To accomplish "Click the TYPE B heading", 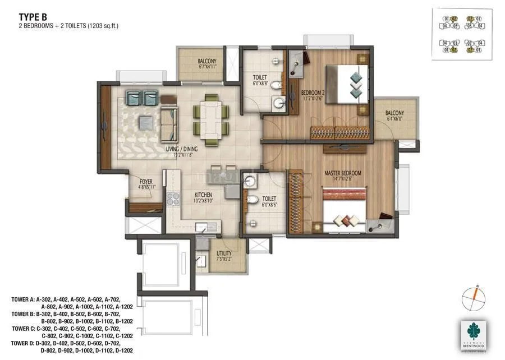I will (x=33, y=17).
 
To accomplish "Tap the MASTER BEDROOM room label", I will (x=342, y=173).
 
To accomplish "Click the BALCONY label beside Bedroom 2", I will (x=394, y=113).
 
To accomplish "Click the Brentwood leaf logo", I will (x=472, y=331).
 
